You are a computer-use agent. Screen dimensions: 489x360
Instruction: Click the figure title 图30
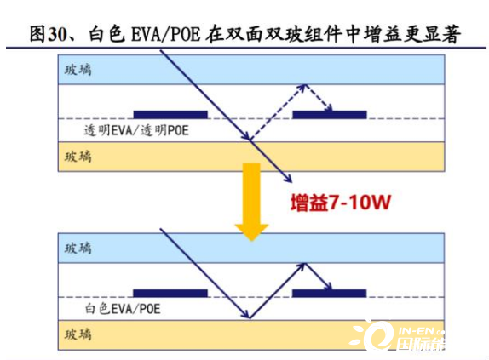(48, 34)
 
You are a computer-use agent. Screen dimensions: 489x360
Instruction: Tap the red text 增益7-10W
(341, 203)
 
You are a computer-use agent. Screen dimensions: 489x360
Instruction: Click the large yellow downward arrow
(251, 202)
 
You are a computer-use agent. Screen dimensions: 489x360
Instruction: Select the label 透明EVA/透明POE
(136, 130)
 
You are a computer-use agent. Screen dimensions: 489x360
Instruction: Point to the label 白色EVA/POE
(123, 309)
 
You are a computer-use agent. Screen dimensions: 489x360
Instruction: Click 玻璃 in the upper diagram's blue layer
(78, 70)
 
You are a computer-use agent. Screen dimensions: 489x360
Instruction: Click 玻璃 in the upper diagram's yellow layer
(78, 157)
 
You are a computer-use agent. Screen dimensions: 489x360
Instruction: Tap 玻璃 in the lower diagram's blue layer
(78, 249)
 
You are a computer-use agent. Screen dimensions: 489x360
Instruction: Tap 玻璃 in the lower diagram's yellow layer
(78, 334)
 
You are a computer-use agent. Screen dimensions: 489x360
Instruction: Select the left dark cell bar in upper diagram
(170, 115)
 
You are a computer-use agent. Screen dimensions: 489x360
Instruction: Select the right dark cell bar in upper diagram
(330, 115)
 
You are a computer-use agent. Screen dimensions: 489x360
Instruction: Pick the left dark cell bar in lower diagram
(170, 293)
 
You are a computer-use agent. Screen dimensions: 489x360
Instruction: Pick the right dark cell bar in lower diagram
(329, 293)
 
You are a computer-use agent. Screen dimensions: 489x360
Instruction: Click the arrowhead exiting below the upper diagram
(289, 179)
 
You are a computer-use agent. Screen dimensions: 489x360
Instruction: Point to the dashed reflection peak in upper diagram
(305, 85)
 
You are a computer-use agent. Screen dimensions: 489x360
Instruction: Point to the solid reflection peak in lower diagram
(305, 264)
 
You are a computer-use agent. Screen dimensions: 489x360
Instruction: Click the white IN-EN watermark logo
(398, 335)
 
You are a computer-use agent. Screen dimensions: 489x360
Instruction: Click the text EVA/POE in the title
(165, 34)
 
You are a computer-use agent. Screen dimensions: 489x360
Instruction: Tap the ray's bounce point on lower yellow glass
(250, 319)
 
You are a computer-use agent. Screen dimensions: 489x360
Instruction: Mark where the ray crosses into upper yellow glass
(250, 141)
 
